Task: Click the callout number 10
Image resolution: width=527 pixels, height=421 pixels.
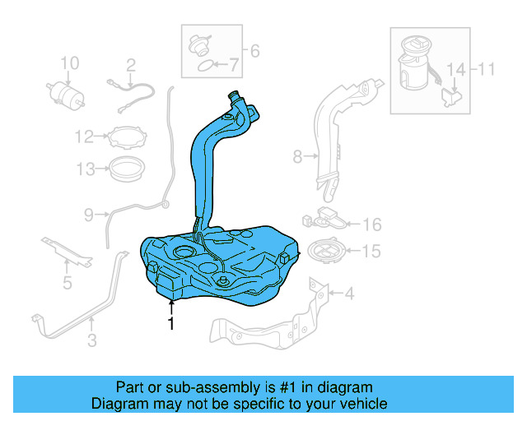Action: (x=70, y=62)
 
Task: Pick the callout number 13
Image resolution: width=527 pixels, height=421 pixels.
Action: (x=86, y=169)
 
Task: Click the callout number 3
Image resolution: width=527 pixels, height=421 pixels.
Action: (x=92, y=338)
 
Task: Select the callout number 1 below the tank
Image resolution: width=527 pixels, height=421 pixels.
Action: (x=170, y=324)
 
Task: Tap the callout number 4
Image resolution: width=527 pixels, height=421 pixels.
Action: (x=349, y=292)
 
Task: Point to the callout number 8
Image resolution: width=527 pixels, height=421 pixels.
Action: (x=296, y=154)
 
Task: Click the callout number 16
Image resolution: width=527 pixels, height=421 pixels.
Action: (x=372, y=224)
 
